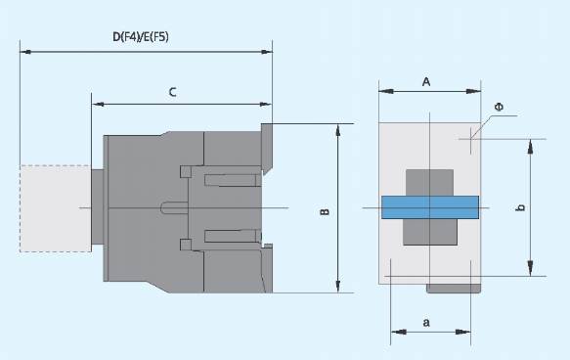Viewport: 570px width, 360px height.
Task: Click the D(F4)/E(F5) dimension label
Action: click(x=141, y=37)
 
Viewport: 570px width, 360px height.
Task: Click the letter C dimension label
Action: click(x=173, y=92)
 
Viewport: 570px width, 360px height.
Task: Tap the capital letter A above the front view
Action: click(x=426, y=82)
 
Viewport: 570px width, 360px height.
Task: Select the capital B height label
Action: click(x=326, y=211)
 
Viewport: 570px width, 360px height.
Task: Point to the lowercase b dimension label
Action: click(x=521, y=207)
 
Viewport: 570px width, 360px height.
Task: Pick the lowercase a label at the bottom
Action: click(x=426, y=322)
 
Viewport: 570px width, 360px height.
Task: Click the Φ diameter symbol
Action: click(x=499, y=107)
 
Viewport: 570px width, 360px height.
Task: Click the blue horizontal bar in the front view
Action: click(x=430, y=207)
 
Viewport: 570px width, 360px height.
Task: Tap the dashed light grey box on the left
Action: click(x=56, y=208)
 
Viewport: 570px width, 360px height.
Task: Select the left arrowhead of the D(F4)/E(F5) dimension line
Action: click(x=25, y=52)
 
